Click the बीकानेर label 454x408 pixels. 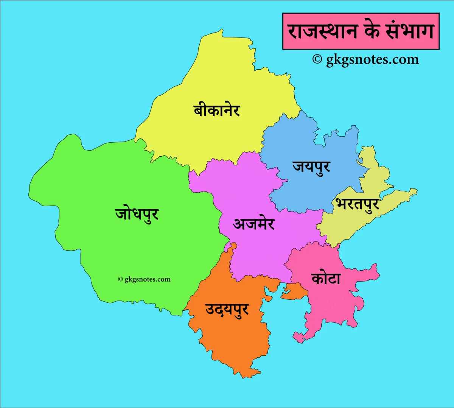click(x=216, y=110)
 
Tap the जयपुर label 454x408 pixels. click(x=311, y=167)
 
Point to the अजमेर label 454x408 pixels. click(x=253, y=224)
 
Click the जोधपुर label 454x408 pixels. click(x=137, y=214)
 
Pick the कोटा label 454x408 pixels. click(x=326, y=279)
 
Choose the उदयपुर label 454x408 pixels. click(x=227, y=310)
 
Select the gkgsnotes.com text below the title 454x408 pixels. click(x=372, y=59)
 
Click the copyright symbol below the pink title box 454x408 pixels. click(x=317, y=59)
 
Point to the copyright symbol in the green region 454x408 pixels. click(x=120, y=279)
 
